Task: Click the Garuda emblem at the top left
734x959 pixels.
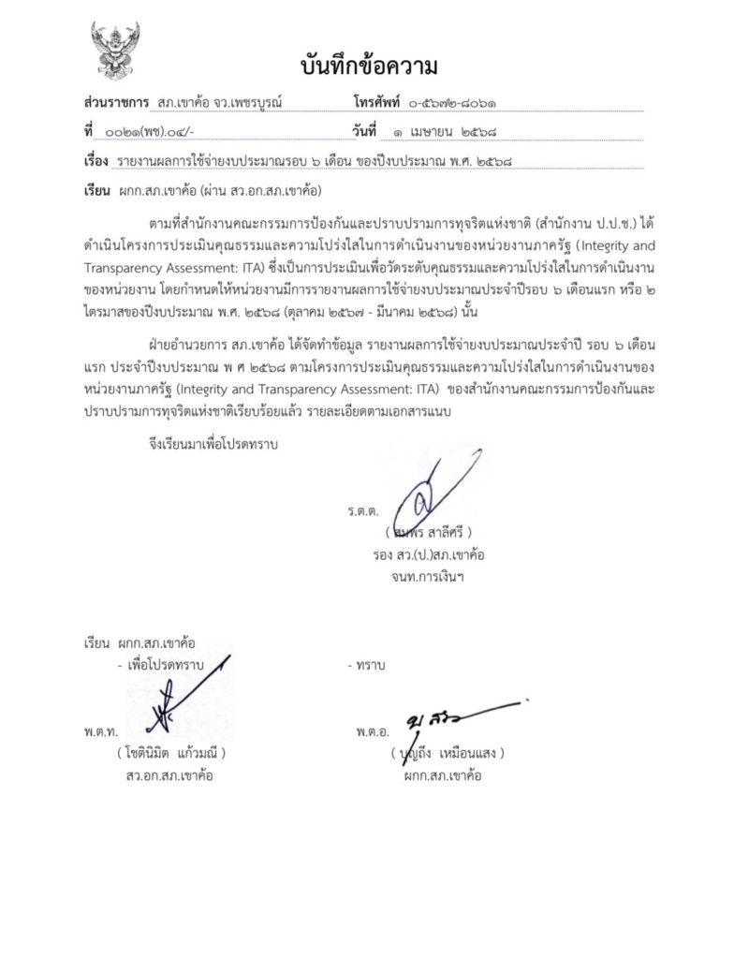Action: click(x=115, y=54)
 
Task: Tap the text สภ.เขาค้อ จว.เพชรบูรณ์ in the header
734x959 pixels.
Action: click(x=219, y=100)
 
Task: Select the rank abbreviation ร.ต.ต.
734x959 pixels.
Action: click(x=361, y=511)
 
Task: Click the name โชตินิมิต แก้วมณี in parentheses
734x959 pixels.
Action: click(x=169, y=753)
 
